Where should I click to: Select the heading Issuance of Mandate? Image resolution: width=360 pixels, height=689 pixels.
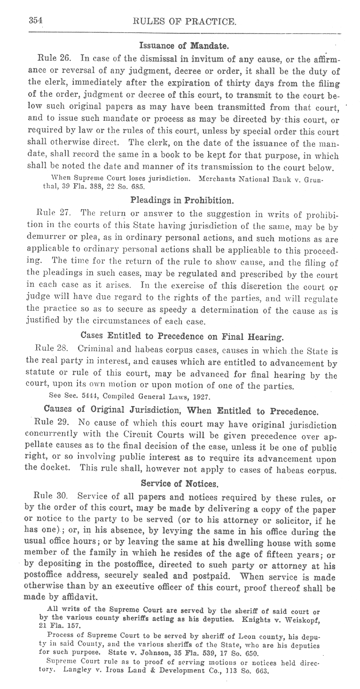pos(183,46)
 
